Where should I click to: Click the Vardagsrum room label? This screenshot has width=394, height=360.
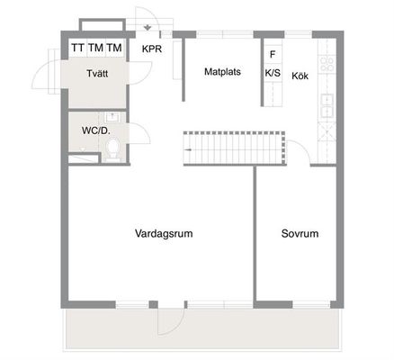(x=164, y=233)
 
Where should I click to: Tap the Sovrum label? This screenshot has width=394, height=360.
(x=300, y=234)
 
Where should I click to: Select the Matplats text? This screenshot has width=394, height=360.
(x=222, y=72)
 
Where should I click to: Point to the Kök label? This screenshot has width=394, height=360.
(x=300, y=76)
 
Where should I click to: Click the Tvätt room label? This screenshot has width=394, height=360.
(x=97, y=74)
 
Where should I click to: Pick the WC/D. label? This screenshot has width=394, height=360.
(x=96, y=130)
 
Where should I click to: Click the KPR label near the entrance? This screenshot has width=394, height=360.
(x=152, y=49)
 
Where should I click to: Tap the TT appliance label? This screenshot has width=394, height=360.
(x=77, y=48)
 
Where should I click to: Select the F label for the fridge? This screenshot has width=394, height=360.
(x=273, y=54)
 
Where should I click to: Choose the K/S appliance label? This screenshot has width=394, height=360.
(x=273, y=73)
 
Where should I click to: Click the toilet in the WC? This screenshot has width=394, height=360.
(x=113, y=148)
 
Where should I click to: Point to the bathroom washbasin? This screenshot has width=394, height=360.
(x=112, y=116)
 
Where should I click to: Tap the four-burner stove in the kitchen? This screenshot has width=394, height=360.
(x=327, y=64)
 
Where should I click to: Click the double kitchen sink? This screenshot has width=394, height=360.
(x=327, y=105)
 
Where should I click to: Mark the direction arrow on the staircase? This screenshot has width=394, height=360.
(x=188, y=149)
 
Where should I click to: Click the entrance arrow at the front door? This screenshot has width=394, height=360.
(x=148, y=28)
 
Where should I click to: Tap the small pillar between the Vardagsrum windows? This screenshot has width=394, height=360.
(x=153, y=304)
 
